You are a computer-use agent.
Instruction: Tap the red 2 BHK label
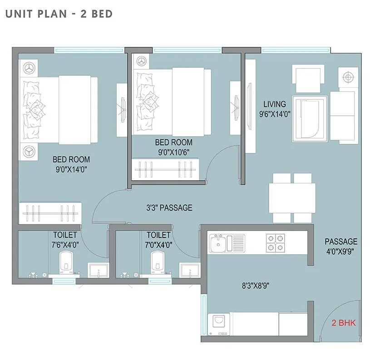click(344, 323)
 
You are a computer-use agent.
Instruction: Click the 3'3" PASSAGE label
click(169, 208)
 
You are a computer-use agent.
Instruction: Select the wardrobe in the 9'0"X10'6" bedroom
click(166, 169)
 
